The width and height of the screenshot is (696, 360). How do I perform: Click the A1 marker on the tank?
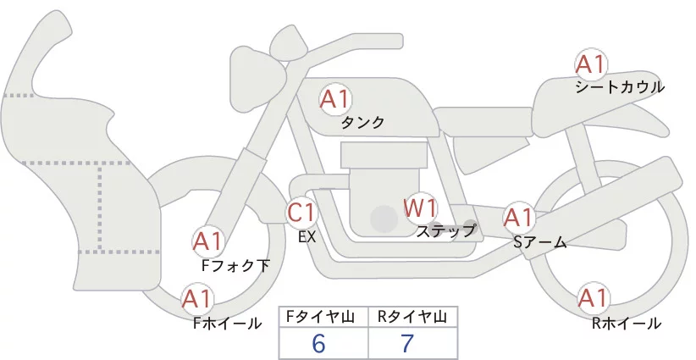point(335,99)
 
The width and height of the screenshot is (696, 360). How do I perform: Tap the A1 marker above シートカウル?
point(590,64)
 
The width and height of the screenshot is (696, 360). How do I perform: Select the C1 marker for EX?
point(301,212)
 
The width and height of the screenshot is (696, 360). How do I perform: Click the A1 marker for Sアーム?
point(518,218)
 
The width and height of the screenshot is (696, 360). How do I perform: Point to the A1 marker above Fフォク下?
point(207,242)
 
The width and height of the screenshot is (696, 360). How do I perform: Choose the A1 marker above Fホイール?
point(197,299)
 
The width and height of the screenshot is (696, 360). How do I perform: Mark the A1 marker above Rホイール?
point(593,298)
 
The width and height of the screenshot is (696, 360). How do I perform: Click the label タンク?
point(362,122)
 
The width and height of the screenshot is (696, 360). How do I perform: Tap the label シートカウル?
point(620,87)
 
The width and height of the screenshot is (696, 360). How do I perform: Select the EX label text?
point(307,237)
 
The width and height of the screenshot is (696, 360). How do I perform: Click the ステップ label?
point(445,231)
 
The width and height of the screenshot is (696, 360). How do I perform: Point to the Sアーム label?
point(540,242)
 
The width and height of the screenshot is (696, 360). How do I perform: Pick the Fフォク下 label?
point(235,265)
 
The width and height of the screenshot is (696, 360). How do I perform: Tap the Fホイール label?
point(228,324)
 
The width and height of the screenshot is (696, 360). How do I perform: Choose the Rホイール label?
point(627,324)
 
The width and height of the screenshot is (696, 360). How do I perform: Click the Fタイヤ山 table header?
point(320,317)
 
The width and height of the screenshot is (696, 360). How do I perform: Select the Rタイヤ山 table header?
point(412,317)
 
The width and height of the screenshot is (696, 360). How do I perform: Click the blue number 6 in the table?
point(318,343)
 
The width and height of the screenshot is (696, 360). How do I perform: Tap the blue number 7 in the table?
point(407,343)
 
